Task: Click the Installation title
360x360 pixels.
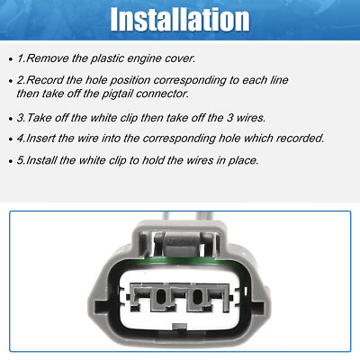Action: coord(179,19)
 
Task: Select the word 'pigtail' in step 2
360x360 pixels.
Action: coord(149,93)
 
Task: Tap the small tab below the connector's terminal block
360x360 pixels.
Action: coord(181,339)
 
